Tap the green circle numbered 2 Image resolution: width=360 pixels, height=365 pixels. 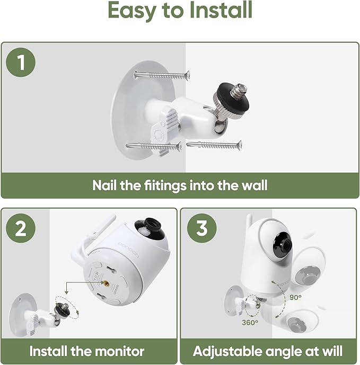(21, 229)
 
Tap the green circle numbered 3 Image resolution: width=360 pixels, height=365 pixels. (201, 229)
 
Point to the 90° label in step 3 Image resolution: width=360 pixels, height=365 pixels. (296, 298)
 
